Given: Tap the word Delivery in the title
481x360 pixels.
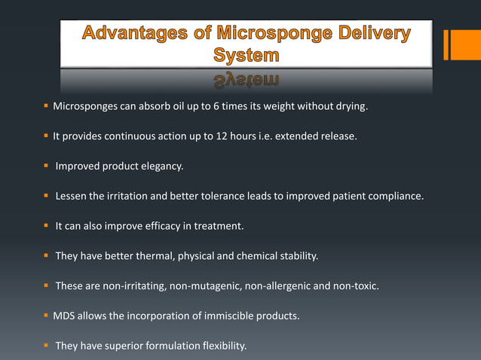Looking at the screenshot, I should coord(369,35).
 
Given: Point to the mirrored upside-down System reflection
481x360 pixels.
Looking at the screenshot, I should coord(246,80).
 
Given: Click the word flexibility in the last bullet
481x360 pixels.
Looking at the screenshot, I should coord(222,346).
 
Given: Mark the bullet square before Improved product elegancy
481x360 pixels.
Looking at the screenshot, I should coord(47,166).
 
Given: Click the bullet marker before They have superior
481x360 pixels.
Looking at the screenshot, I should coord(47,346).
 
